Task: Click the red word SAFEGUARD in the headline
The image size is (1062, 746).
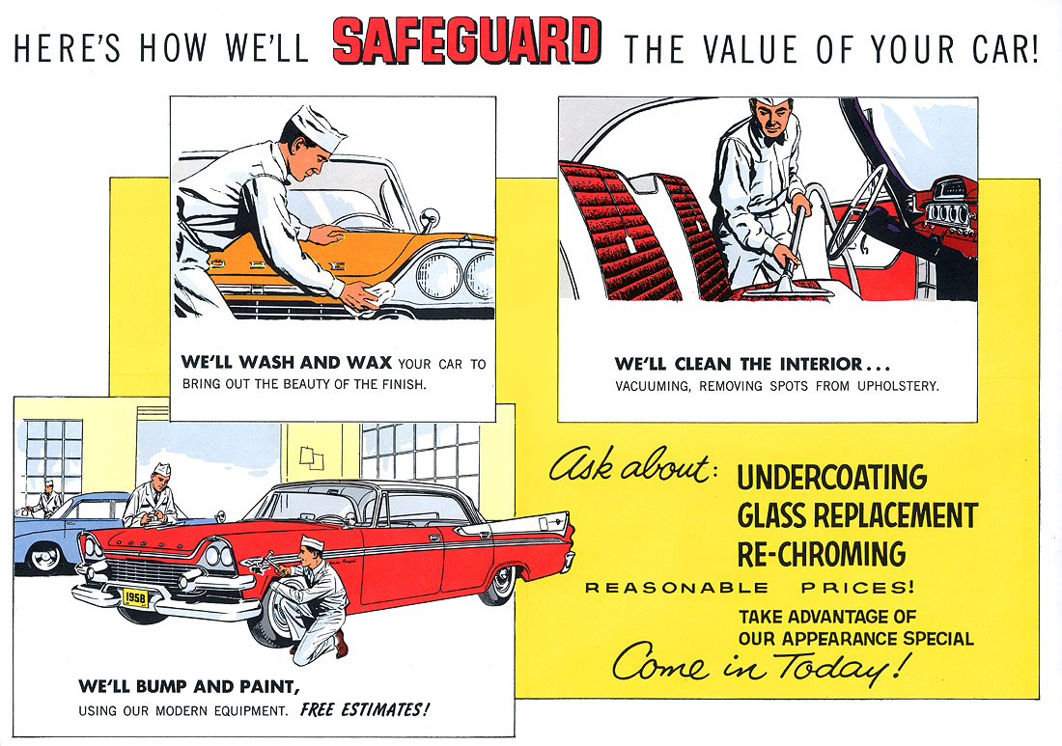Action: click(x=465, y=43)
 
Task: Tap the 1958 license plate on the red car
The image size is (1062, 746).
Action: click(x=135, y=596)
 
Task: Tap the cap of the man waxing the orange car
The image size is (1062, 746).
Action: click(x=319, y=129)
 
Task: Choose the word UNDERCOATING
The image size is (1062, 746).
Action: click(x=831, y=477)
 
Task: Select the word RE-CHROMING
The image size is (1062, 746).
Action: click(x=821, y=554)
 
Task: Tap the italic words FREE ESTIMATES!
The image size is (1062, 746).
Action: click(x=364, y=711)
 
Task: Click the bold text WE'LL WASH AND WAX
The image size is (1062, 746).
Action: click(x=286, y=364)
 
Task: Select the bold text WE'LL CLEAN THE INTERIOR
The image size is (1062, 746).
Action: click(x=751, y=365)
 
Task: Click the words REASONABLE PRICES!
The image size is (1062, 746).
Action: click(x=750, y=588)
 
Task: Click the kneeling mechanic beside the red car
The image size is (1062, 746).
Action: click(x=317, y=598)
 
